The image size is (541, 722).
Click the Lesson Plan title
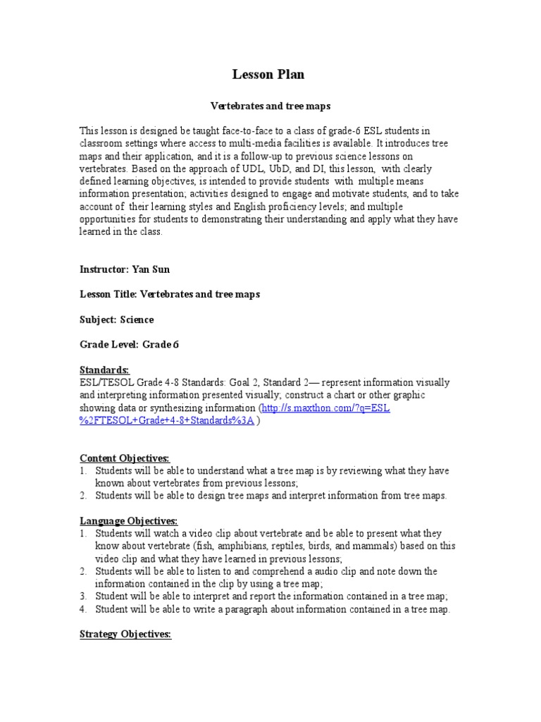[269, 75]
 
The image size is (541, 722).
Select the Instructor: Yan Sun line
[125, 269]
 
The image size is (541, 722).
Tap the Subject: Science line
[116, 319]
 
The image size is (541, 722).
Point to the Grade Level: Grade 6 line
[130, 345]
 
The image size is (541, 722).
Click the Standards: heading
[104, 369]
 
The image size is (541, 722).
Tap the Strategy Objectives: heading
[125, 635]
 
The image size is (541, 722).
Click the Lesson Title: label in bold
[108, 294]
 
